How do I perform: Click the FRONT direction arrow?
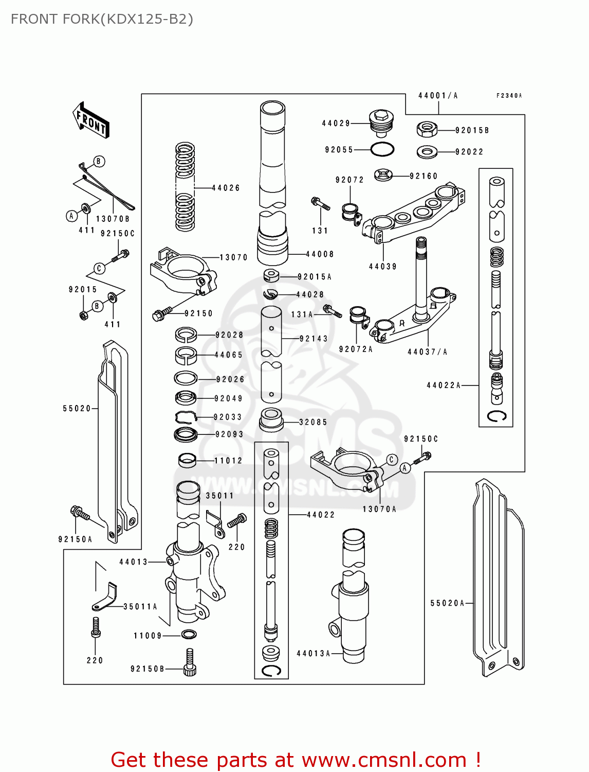tap(91, 120)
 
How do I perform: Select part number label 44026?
tap(226, 188)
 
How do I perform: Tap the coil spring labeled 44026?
tap(185, 186)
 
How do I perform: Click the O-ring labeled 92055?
tap(382, 149)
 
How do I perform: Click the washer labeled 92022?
tap(427, 152)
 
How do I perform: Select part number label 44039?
tap(383, 267)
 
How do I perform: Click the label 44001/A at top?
tap(438, 96)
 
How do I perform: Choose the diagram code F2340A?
tap(509, 96)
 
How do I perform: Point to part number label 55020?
tap(77, 409)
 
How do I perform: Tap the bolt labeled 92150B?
tap(190, 661)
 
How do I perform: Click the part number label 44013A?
tap(313, 654)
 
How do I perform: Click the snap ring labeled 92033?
tap(186, 416)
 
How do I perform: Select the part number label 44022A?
tap(444, 385)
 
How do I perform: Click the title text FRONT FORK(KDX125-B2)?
tap(102, 19)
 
